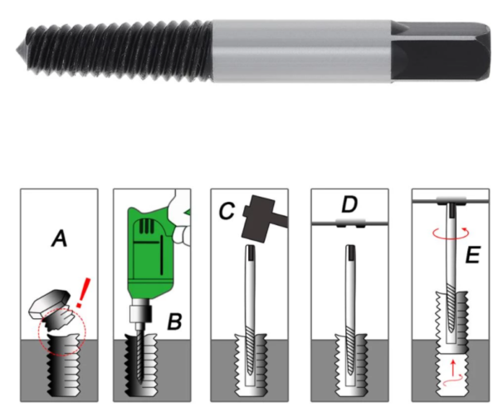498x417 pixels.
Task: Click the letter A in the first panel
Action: click(58, 239)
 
